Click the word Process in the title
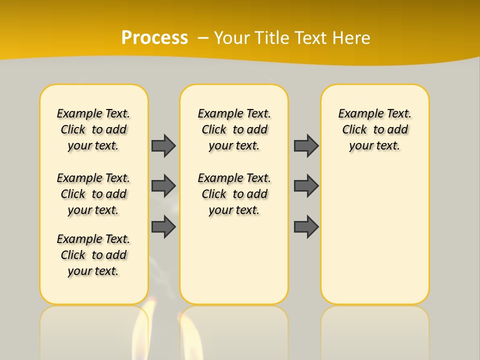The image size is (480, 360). click(x=154, y=37)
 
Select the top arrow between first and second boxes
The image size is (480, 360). click(x=163, y=145)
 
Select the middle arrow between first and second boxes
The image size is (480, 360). click(x=163, y=186)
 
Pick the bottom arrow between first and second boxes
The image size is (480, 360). click(x=163, y=226)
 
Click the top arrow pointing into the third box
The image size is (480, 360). click(x=306, y=145)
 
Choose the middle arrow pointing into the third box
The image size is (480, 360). click(x=306, y=186)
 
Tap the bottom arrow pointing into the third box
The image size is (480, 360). click(x=306, y=226)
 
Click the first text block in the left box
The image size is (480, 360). click(x=93, y=129)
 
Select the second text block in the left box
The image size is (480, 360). click(x=93, y=194)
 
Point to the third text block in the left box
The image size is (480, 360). click(x=93, y=255)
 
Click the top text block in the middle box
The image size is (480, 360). click(x=234, y=129)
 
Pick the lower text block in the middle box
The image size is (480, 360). click(x=234, y=194)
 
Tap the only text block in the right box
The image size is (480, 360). click(x=374, y=129)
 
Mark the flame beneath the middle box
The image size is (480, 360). click(x=188, y=335)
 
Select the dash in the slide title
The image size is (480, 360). click(x=203, y=37)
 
